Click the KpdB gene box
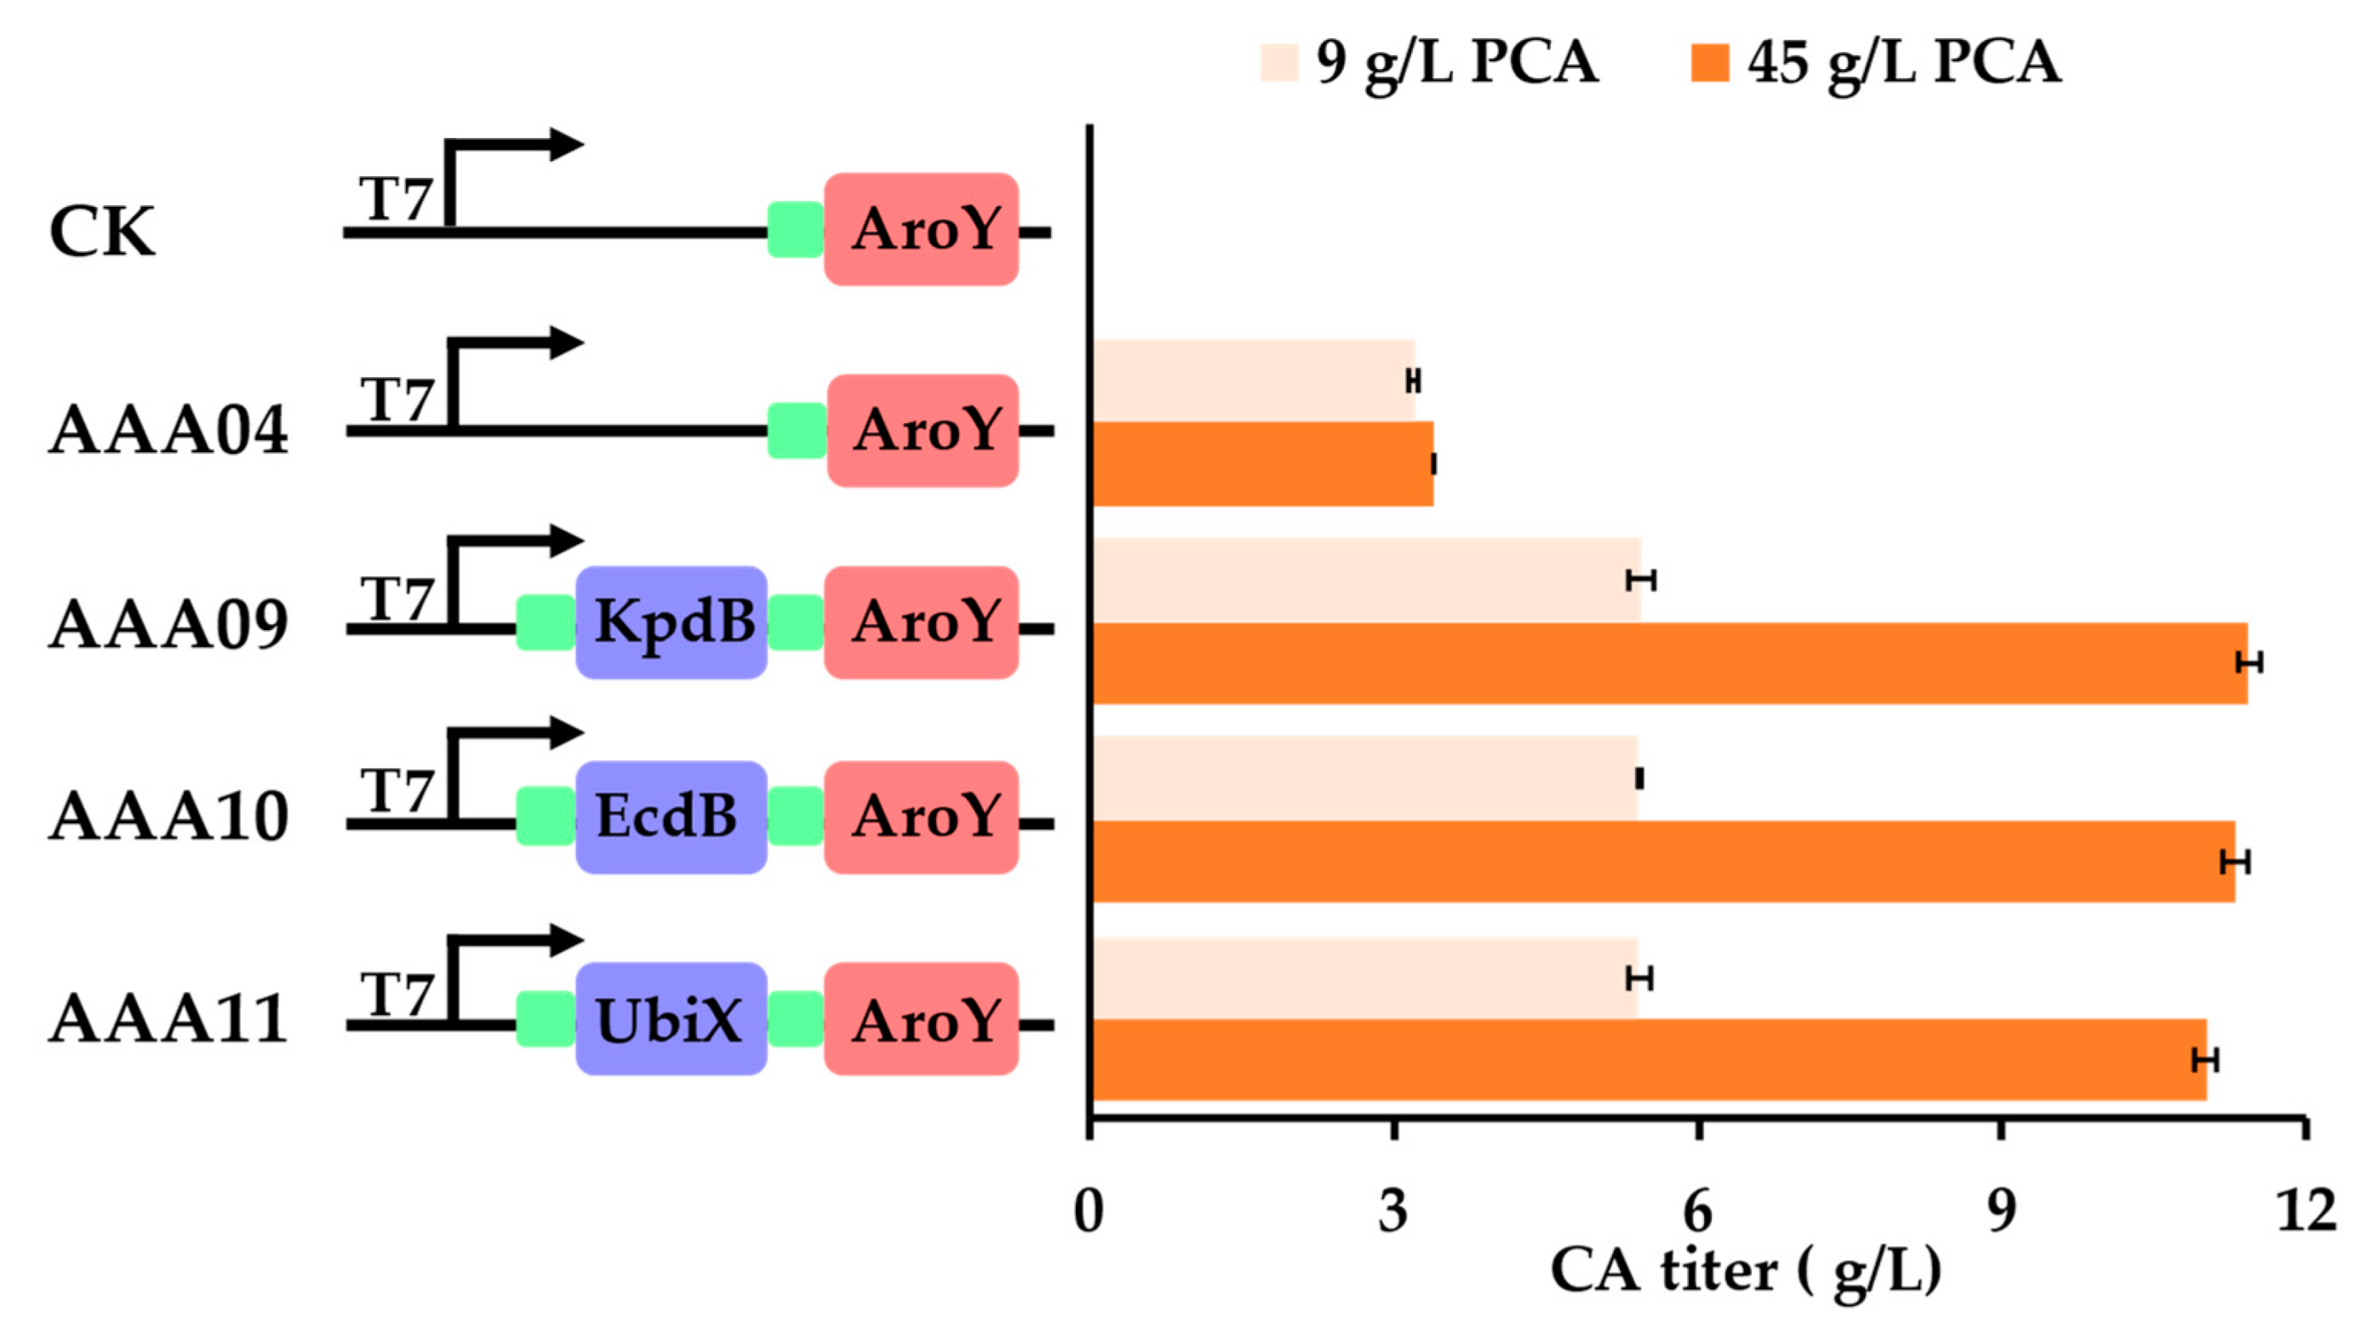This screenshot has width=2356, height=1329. (x=672, y=622)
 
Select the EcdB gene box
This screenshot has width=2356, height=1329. (x=672, y=816)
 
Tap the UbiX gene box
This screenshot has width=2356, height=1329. (x=672, y=1019)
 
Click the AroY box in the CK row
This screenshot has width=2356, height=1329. (x=922, y=230)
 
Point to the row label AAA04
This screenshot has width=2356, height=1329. (x=169, y=432)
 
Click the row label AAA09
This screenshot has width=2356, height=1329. (x=169, y=626)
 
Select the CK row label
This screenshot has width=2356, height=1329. (x=101, y=232)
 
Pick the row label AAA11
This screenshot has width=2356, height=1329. (x=169, y=1021)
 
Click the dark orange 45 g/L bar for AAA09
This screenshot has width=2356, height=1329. (x=1669, y=663)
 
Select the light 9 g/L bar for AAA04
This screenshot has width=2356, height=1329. (x=1253, y=380)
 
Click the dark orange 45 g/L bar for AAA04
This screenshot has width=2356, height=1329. (x=1262, y=464)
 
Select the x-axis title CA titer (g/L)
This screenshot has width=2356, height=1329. (x=1745, y=1271)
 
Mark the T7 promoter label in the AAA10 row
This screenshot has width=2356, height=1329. (x=395, y=790)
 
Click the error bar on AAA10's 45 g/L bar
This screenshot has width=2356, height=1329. (x=2235, y=862)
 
